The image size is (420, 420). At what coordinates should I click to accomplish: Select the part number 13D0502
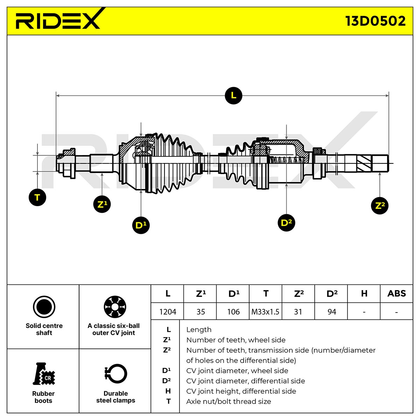pyautogui.click(x=375, y=21)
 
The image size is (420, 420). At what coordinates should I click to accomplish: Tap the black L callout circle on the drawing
pyautogui.click(x=233, y=96)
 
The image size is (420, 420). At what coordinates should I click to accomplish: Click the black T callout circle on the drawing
pyautogui.click(x=37, y=197)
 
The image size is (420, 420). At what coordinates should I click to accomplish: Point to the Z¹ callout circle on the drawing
pyautogui.click(x=102, y=204)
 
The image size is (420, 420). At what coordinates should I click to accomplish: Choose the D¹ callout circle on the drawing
pyautogui.click(x=141, y=225)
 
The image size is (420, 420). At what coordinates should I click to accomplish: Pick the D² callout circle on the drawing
pyautogui.click(x=286, y=223)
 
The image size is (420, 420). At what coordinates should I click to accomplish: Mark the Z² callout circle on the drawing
pyautogui.click(x=380, y=205)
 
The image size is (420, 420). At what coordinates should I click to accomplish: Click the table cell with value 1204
pyautogui.click(x=167, y=311)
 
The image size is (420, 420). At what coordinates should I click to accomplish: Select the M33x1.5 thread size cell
pyautogui.click(x=265, y=311)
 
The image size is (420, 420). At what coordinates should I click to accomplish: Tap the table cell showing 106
pyautogui.click(x=233, y=311)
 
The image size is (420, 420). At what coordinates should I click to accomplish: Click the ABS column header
pyautogui.click(x=397, y=293)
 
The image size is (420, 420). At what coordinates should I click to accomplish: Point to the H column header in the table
pyautogui.click(x=364, y=293)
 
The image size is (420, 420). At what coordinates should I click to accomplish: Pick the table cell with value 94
pyautogui.click(x=331, y=311)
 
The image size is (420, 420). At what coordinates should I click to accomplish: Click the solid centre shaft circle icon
pyautogui.click(x=44, y=307)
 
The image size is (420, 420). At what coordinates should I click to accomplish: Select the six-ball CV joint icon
pyautogui.click(x=115, y=307)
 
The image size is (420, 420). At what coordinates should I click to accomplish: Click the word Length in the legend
pyautogui.click(x=199, y=330)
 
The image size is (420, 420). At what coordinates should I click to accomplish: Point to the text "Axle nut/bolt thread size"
pyautogui.click(x=229, y=401)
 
